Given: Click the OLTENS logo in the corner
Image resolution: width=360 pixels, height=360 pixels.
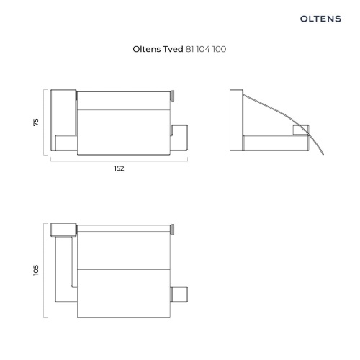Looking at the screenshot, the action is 320,19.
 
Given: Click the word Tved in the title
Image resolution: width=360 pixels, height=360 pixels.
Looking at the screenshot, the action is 173,49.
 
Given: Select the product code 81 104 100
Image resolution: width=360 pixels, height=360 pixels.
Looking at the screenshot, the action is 206,49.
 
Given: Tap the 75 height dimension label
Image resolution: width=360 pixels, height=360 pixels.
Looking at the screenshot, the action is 36,122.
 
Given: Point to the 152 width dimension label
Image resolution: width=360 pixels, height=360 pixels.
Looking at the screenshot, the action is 119,168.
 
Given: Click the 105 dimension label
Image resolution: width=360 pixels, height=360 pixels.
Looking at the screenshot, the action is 36,270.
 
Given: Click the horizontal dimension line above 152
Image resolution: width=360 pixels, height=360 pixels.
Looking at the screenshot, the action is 119,161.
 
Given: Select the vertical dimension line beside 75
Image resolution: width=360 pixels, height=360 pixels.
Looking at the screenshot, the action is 44,122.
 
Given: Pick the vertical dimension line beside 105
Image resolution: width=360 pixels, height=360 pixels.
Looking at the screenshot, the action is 44,270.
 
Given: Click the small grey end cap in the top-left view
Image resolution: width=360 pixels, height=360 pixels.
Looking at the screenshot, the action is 172,96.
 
